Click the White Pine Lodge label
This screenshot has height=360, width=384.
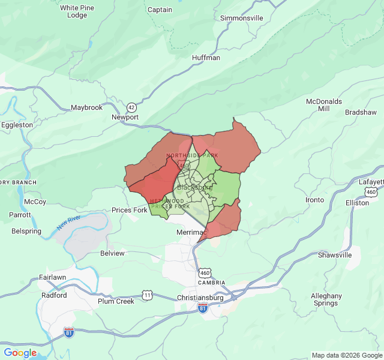point(77,11)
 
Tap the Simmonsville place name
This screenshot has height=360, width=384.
point(242,18)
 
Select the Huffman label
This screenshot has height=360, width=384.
point(206,58)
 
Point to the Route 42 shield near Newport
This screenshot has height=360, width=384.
point(131,107)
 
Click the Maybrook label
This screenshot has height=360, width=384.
point(87,107)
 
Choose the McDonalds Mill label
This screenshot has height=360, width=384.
point(324,105)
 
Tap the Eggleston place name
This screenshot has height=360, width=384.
point(17,125)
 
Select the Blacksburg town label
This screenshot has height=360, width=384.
point(195,187)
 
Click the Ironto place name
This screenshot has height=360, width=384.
point(314,200)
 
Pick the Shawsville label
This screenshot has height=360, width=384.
point(335,255)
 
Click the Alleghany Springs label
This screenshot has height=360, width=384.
point(326,299)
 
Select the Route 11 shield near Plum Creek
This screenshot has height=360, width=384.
point(148,295)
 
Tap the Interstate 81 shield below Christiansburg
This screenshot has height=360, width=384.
point(203,308)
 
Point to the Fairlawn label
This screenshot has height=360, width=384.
point(54,277)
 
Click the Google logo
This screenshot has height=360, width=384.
point(20,353)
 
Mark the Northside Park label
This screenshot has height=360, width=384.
point(192,155)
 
